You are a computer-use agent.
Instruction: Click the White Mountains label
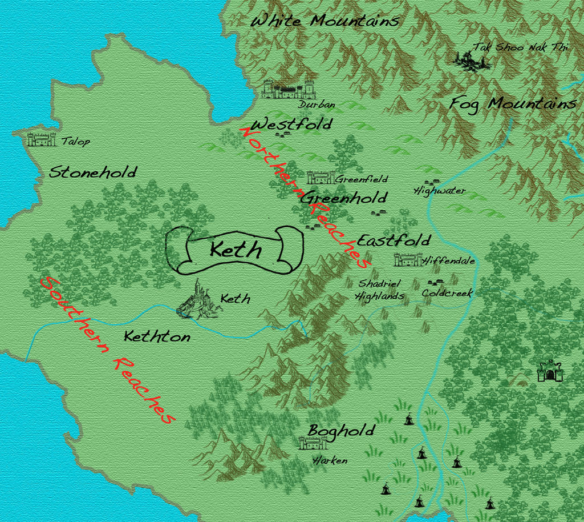pyautogui.click(x=325, y=22)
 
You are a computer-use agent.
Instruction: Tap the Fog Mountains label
pyautogui.click(x=513, y=104)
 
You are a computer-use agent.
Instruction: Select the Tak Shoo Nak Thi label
pyautogui.click(x=520, y=47)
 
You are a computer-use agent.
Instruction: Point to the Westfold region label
pyautogui.click(x=291, y=124)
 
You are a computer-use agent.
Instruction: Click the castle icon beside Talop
pyautogui.click(x=42, y=139)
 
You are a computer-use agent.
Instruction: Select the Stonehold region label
pyautogui.click(x=93, y=172)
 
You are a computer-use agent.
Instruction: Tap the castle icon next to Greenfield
pyautogui.click(x=319, y=178)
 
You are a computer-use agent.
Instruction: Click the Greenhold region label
pyautogui.click(x=344, y=198)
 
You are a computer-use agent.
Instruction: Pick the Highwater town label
pyautogui.click(x=439, y=191)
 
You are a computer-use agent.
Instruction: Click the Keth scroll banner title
pyautogui.click(x=235, y=250)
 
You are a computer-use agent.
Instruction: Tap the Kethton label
pyautogui.click(x=157, y=337)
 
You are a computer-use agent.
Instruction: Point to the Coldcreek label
pyautogui.click(x=447, y=293)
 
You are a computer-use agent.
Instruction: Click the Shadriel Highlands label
pyautogui.click(x=380, y=290)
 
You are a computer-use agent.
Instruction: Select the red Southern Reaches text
pyautogui.click(x=106, y=350)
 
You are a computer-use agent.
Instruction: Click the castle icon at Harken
pyautogui.click(x=313, y=443)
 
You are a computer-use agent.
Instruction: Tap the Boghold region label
pyautogui.click(x=342, y=430)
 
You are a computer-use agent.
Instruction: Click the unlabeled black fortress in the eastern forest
pyautogui.click(x=550, y=371)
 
